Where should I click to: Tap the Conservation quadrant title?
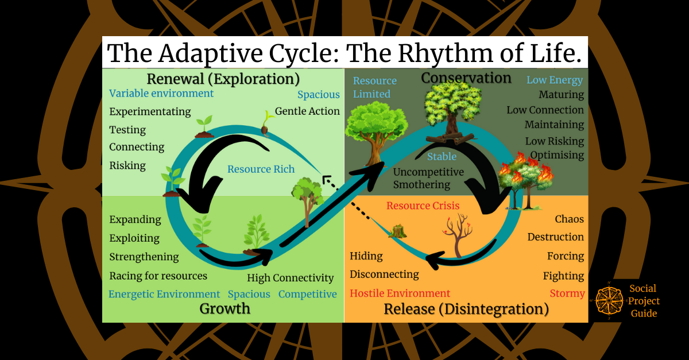coord(466,78)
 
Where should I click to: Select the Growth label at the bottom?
coord(224,308)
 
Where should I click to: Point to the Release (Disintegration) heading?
coord(466,309)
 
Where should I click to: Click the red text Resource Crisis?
coord(423,206)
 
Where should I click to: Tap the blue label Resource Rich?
coord(261,169)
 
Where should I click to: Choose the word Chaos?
coord(569,219)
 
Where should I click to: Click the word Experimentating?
coord(150,111)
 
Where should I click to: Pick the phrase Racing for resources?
coord(158,276)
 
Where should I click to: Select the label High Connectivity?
coord(290,278)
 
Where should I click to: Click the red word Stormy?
coord(567,293)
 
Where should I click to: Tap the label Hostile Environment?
coord(400,293)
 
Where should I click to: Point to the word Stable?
coord(442,156)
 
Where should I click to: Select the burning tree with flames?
coord(524,175)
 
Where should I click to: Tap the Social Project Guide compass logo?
coord(609,301)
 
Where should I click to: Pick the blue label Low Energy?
coord(555,80)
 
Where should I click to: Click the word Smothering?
coord(421,185)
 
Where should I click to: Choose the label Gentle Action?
coord(307,111)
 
